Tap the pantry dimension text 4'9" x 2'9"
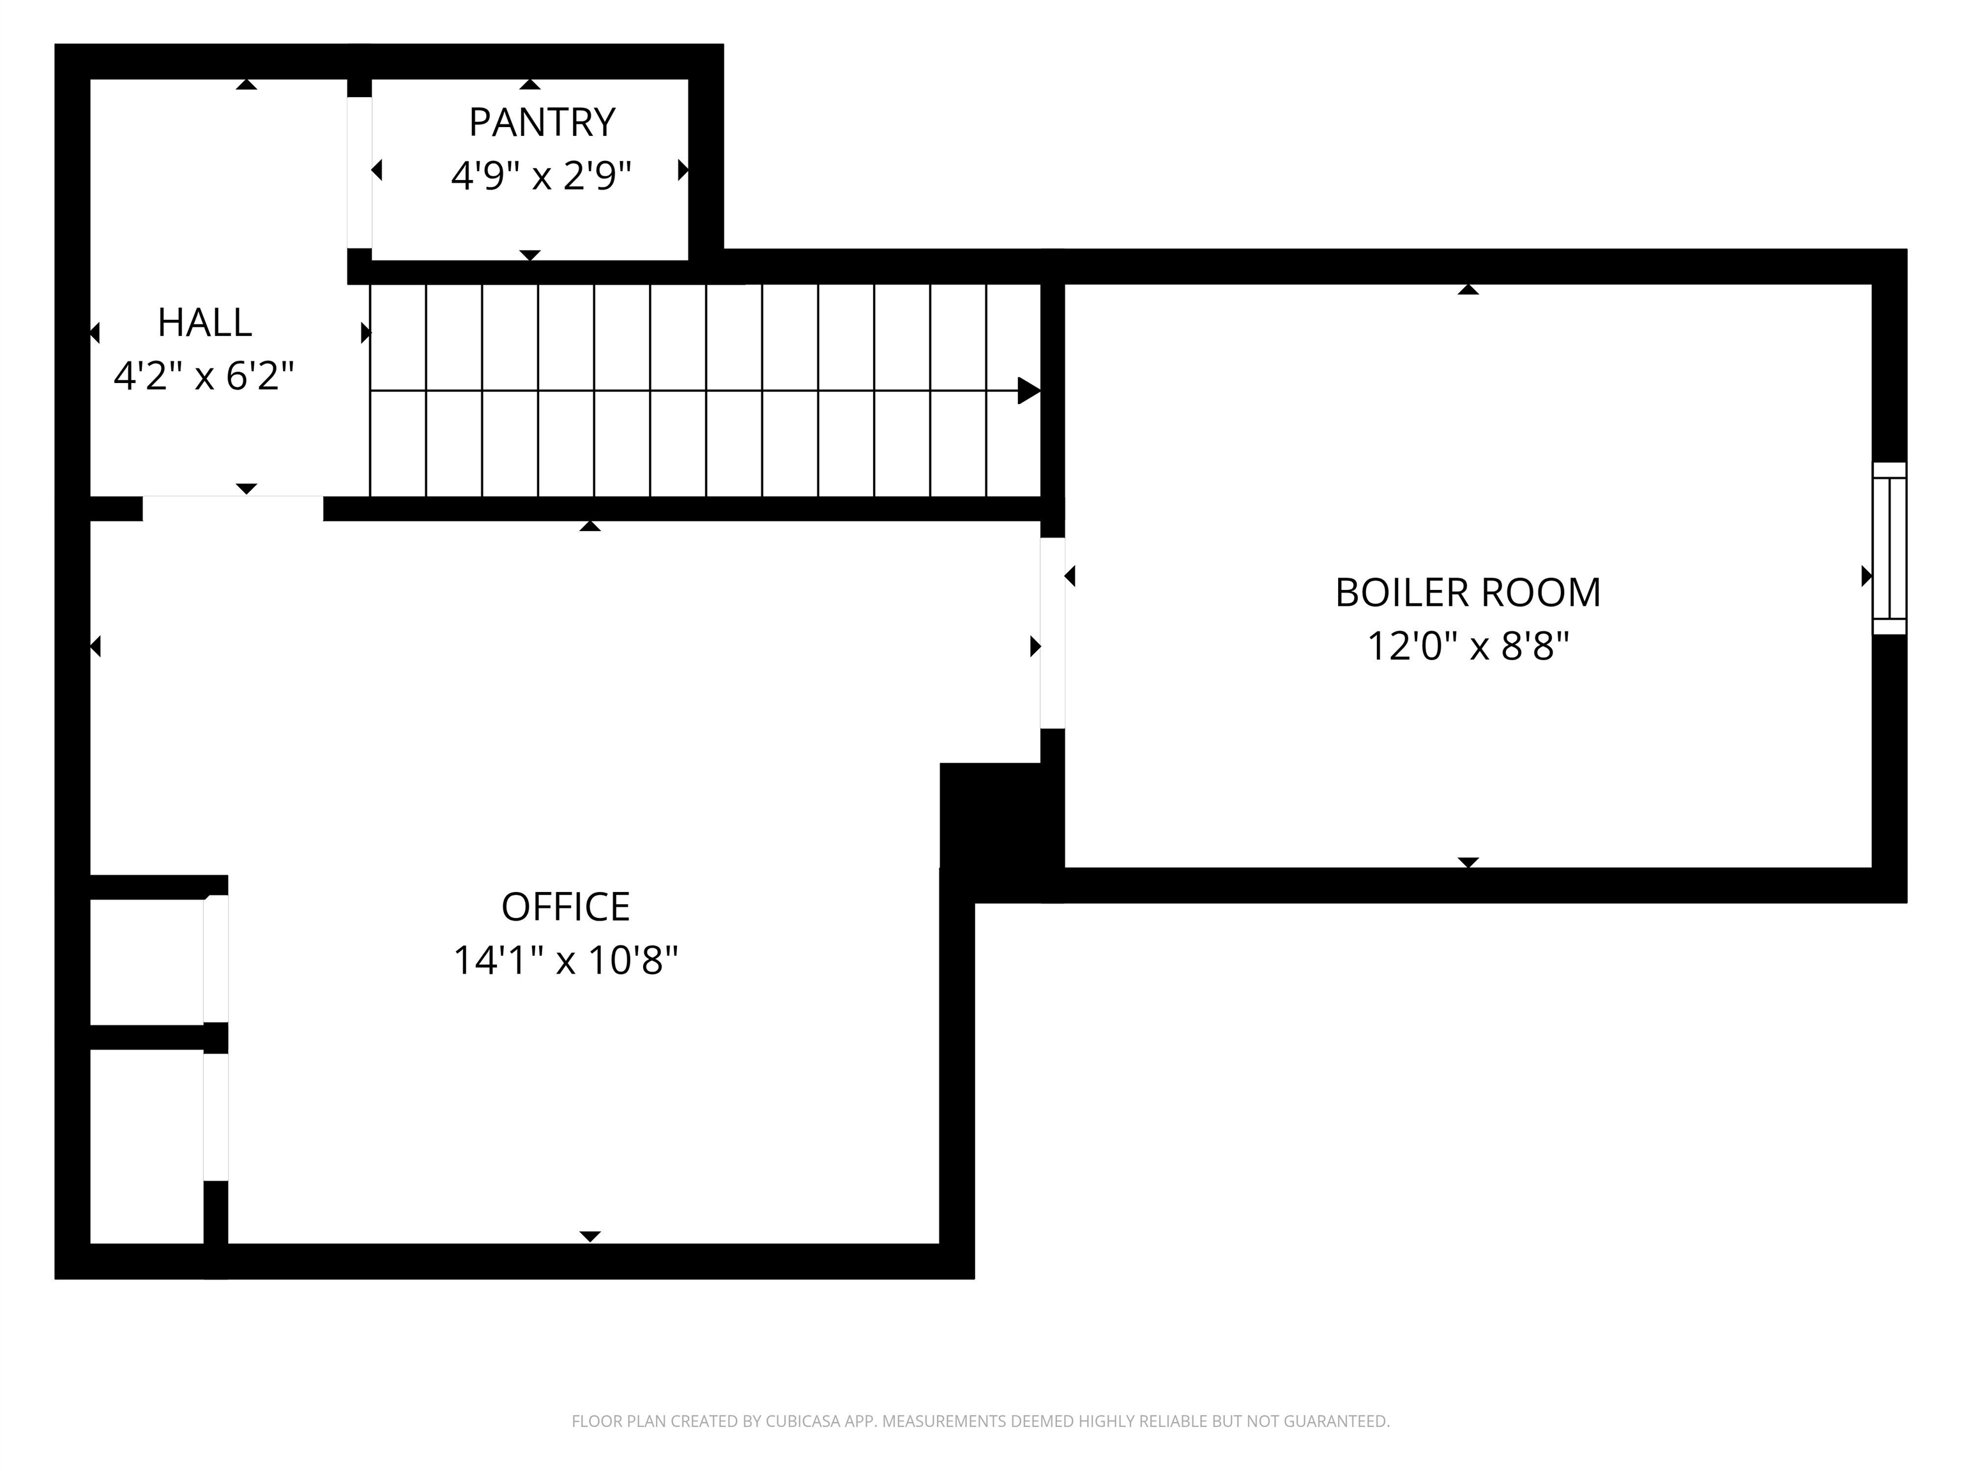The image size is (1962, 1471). (541, 176)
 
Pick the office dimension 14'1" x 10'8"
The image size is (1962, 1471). (565, 960)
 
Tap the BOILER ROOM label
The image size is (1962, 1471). (1467, 593)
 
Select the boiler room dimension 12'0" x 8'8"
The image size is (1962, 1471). (1467, 646)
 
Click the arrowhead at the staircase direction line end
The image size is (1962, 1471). (1028, 390)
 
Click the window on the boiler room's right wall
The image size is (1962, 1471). (1889, 548)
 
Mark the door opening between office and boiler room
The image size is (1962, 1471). (1052, 633)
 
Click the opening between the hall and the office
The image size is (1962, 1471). (232, 508)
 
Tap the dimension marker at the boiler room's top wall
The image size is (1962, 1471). (1468, 290)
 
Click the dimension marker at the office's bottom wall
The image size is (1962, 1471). (590, 1236)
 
